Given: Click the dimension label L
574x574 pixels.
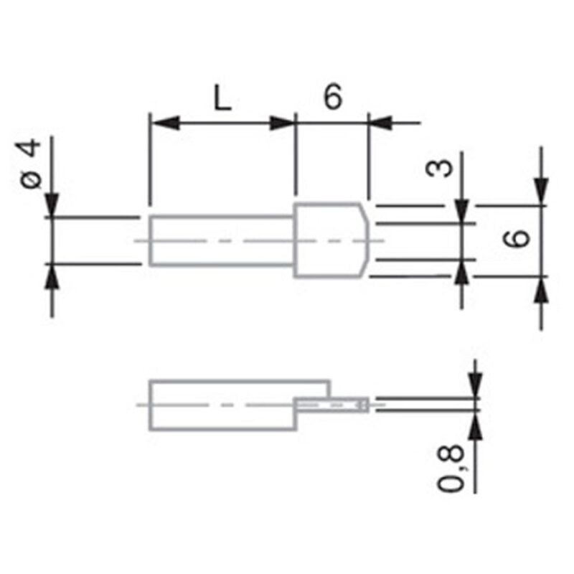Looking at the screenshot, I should [222, 99].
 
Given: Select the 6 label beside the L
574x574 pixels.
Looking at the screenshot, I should [331, 98].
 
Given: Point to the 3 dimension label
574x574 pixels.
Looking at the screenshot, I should [440, 169].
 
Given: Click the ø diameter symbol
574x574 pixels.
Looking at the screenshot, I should [31, 179].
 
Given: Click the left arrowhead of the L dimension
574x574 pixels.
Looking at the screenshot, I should [164, 123].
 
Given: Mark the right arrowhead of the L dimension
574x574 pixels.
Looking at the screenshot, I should [281, 123].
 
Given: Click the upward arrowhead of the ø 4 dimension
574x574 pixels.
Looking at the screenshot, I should [52, 277].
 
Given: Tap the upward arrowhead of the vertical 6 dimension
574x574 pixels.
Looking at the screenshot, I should [541, 290].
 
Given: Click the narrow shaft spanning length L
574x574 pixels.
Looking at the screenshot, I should [222, 240].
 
